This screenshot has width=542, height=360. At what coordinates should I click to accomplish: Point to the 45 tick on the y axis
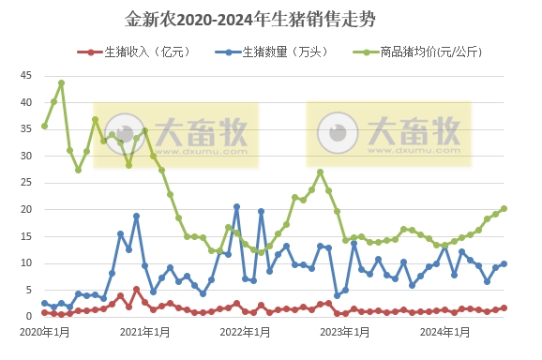26,75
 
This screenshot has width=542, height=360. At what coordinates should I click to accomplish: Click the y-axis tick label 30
26,156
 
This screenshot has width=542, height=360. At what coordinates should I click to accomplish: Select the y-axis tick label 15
26,236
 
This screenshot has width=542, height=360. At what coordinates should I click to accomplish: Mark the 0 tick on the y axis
29,317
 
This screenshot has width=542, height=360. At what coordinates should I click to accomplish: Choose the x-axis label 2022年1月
245,332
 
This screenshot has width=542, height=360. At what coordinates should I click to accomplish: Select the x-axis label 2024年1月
444,332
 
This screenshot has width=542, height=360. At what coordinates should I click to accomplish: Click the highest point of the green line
61,82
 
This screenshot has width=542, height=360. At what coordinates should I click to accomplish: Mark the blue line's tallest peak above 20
236,206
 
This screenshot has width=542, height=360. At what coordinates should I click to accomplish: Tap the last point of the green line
504,208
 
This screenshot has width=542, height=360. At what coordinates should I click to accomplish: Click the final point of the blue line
504,263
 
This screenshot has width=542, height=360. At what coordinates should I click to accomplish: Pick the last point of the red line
504,307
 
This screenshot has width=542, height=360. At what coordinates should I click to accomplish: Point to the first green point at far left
44,126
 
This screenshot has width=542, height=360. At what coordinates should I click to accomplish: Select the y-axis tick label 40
26,102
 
